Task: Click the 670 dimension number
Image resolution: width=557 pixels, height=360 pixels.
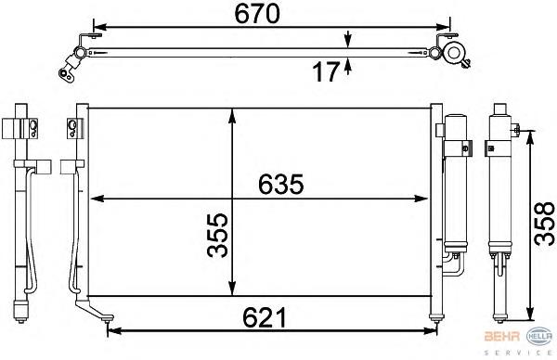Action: [x=257, y=14]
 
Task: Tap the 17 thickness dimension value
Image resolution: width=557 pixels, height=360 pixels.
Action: [x=326, y=72]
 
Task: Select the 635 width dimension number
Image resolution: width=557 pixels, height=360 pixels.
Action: [x=281, y=185]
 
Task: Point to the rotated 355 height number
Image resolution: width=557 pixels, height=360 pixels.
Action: [x=217, y=235]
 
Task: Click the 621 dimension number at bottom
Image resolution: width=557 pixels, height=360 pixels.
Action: [x=265, y=317]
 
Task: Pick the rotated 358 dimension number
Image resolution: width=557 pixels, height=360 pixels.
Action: [x=545, y=224]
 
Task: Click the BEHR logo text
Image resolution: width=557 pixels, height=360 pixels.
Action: [x=502, y=337]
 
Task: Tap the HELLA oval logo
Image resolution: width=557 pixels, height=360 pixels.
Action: [x=539, y=336]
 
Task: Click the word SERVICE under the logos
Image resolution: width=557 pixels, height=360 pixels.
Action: [x=518, y=353]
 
